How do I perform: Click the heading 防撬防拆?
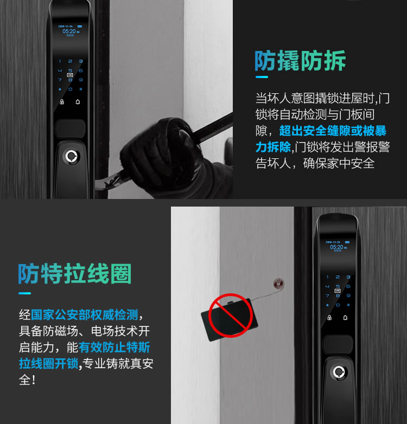tap(300, 61)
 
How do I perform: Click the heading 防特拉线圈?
tap(74, 274)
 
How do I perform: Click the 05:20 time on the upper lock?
tap(68, 31)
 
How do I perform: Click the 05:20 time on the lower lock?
tap(336, 247)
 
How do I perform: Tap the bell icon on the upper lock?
tap(78, 101)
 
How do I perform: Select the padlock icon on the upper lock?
tap(61, 101)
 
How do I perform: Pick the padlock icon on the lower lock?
tap(328, 317)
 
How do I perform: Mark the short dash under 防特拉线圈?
tap(25, 293)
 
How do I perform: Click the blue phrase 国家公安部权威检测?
tap(84, 314)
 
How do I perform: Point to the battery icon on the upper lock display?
tap(80, 25)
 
